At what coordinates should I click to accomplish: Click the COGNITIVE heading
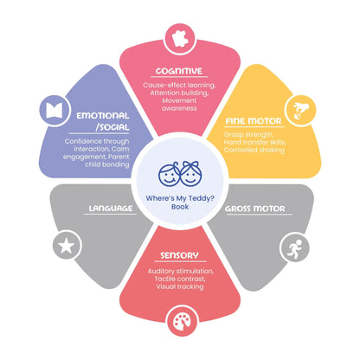pyautogui.click(x=179, y=71)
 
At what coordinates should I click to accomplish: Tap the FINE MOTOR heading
pyautogui.click(x=254, y=121)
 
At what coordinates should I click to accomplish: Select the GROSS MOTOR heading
pyautogui.click(x=255, y=209)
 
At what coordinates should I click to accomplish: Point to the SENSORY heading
pyautogui.click(x=179, y=255)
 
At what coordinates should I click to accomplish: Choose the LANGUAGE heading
pyautogui.click(x=111, y=209)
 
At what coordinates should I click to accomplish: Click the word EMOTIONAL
pyautogui.click(x=103, y=116)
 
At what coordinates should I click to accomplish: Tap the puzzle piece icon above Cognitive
pyautogui.click(x=180, y=39)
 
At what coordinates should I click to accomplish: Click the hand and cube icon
pyautogui.click(x=300, y=111)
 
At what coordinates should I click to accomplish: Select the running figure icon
pyautogui.click(x=294, y=247)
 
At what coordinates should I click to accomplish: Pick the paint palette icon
pyautogui.click(x=182, y=322)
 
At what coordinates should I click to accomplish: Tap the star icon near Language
pyautogui.click(x=67, y=245)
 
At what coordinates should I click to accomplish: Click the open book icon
pyautogui.click(x=55, y=111)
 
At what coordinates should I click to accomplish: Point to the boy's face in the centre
pyautogui.click(x=169, y=175)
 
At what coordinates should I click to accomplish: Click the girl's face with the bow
pyautogui.click(x=190, y=174)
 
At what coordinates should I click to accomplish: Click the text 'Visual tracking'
pyautogui.click(x=180, y=286)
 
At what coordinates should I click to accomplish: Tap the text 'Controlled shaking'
pyautogui.click(x=254, y=150)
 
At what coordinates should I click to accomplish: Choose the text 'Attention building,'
pyautogui.click(x=179, y=93)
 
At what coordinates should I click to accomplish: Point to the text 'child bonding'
pyautogui.click(x=107, y=164)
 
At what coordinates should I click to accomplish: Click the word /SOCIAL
pyautogui.click(x=112, y=127)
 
